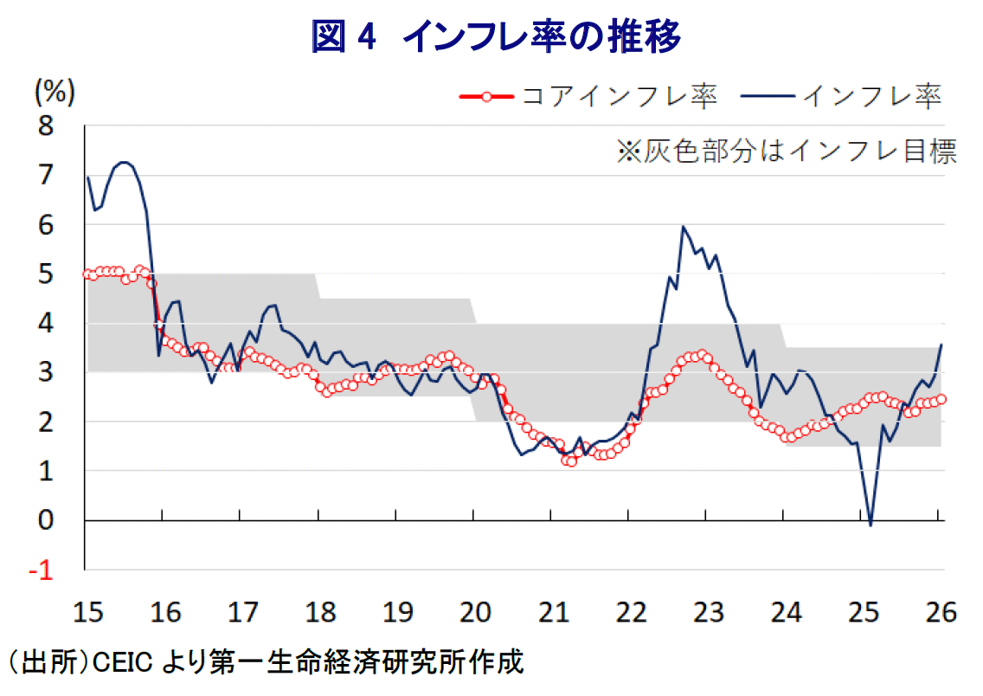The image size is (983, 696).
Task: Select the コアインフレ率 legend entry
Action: pos(588,96)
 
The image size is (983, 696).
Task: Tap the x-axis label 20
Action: pos(474,614)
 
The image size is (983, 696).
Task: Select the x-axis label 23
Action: pos(707,614)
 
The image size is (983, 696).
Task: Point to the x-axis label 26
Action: pos(940,614)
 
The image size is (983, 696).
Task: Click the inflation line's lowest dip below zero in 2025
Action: pos(871,525)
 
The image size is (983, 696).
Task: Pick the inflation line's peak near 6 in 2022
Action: pos(684,227)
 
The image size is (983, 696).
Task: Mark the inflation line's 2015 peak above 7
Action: pos(124,162)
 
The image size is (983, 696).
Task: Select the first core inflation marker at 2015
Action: pos(87,274)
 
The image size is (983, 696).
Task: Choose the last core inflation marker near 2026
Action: pos(941,398)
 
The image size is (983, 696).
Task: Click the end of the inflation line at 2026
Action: pos(941,345)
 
